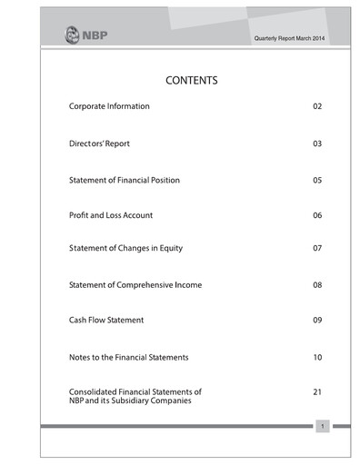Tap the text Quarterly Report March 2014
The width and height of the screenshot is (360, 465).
289,36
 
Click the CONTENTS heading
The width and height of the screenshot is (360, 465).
191,81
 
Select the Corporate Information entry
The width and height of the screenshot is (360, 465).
109,107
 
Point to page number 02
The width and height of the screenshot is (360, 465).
317,107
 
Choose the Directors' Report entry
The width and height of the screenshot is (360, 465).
100,143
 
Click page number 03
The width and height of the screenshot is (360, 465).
317,143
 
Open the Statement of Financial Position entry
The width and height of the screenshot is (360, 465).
125,180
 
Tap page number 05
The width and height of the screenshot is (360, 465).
317,180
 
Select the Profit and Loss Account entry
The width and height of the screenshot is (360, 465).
111,215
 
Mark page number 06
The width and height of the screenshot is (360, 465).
317,215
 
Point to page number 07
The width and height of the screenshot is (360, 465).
317,248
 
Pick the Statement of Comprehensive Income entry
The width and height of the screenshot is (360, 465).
135,285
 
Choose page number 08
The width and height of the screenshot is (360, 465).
317,285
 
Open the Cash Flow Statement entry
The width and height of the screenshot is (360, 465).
106,321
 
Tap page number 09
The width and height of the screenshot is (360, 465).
317,321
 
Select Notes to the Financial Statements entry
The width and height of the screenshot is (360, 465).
128,357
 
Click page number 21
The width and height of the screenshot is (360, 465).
317,392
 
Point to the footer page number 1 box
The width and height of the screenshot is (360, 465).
322,426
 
